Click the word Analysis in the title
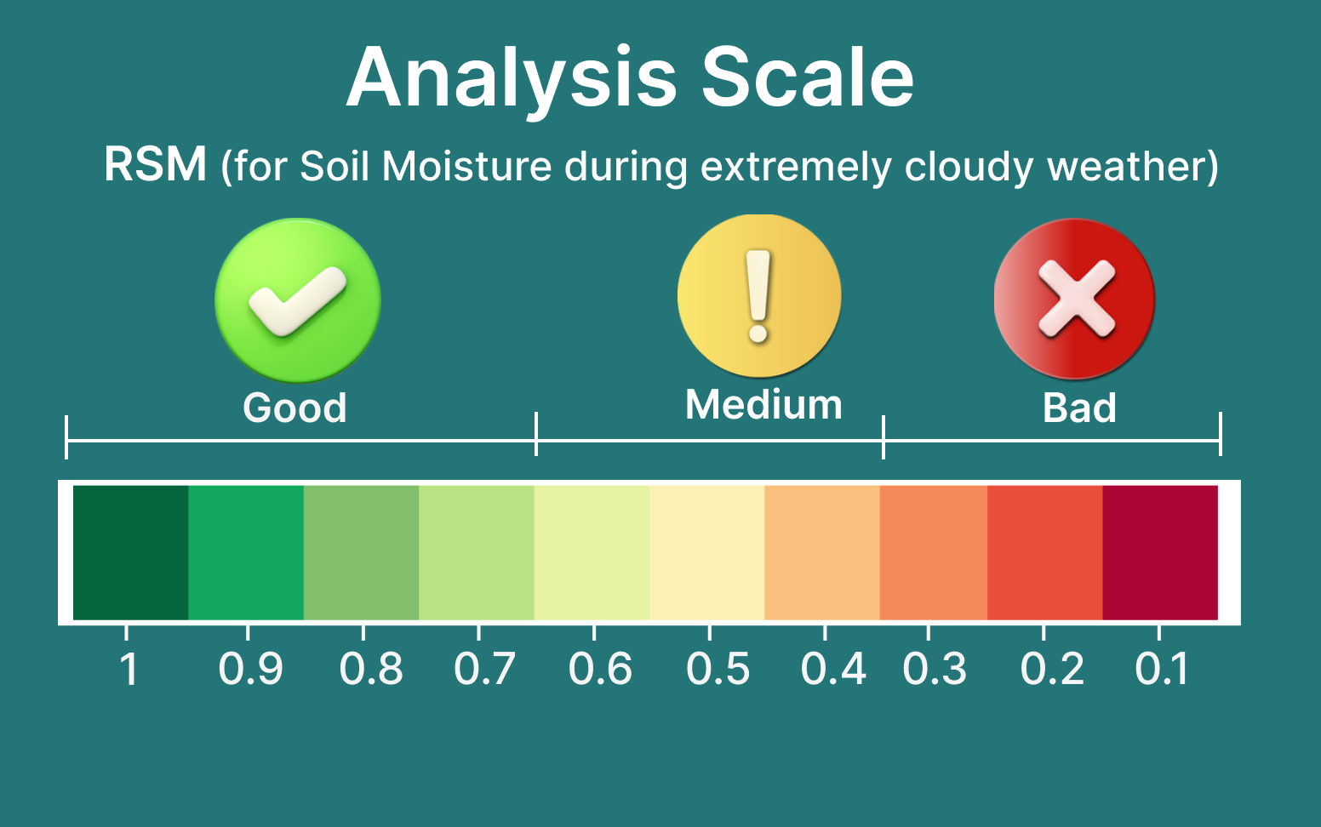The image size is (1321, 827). (x=511, y=80)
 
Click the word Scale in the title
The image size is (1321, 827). (x=808, y=77)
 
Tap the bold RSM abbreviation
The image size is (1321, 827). (x=155, y=164)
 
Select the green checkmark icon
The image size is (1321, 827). (x=298, y=300)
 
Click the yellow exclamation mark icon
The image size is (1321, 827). (x=759, y=295)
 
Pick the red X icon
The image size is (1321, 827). (x=1074, y=299)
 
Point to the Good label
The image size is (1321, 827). (x=295, y=408)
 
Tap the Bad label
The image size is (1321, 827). (x=1079, y=408)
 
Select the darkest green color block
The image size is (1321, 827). (x=130, y=552)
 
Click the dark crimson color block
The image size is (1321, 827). (x=1160, y=552)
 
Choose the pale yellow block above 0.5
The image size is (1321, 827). (x=707, y=552)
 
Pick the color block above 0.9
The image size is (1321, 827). (x=246, y=552)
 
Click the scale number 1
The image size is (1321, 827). (x=129, y=669)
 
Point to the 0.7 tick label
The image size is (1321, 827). (x=485, y=669)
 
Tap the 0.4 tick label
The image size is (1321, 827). (x=832, y=669)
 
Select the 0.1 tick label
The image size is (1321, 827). (x=1161, y=669)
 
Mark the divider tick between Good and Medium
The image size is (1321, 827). (x=536, y=434)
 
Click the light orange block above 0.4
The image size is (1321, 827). (x=822, y=552)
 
